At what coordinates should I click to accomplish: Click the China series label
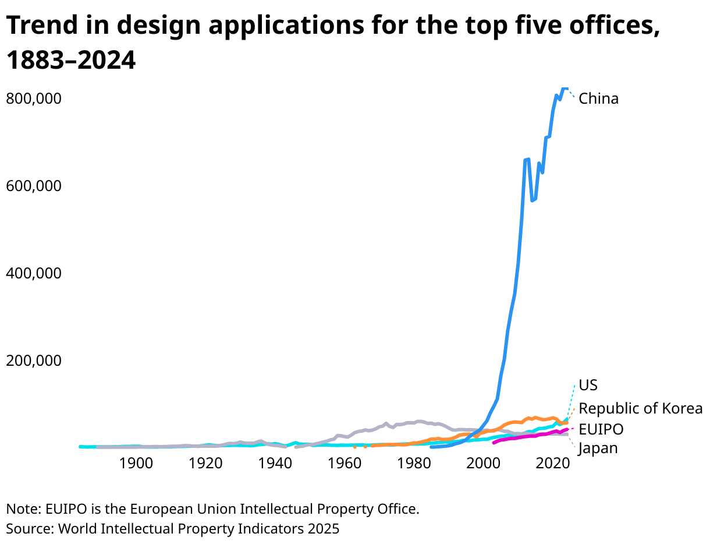[598, 98]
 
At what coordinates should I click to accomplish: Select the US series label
[588, 386]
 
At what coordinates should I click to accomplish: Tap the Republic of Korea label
[640, 408]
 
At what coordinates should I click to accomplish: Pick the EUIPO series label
[601, 430]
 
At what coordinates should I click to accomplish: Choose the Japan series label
[598, 448]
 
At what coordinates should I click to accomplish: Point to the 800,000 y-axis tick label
[33, 98]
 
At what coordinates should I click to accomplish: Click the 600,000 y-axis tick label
[33, 186]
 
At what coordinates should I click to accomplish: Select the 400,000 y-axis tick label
[33, 273]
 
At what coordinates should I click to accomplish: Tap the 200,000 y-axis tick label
[33, 361]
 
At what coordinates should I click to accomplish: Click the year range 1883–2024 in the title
[70, 61]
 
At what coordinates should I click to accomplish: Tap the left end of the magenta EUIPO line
[494, 443]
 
